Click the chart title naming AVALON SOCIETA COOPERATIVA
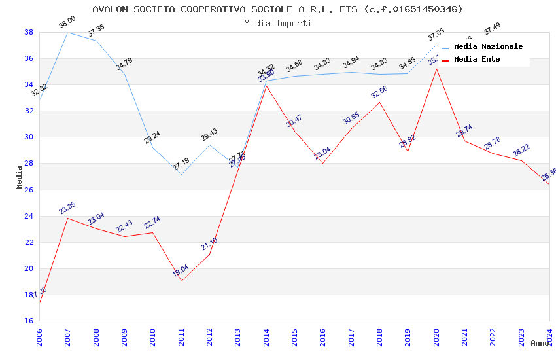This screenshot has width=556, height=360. (x=277, y=9)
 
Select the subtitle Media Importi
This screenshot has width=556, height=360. (x=277, y=23)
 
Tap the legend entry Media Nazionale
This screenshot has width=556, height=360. (x=488, y=46)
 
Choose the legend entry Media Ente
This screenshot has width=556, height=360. (x=477, y=59)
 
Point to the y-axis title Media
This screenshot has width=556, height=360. (x=19, y=176)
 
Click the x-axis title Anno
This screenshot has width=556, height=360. (x=540, y=343)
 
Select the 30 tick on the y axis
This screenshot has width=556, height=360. (x=29, y=137)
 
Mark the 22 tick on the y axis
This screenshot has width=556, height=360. (x=29, y=242)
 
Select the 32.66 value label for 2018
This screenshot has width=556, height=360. (x=379, y=92)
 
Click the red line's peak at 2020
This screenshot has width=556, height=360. (x=436, y=69)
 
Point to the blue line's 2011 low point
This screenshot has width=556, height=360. (x=181, y=174)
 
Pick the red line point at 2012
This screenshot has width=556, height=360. (x=209, y=253)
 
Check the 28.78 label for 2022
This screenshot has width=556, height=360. (x=493, y=143)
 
